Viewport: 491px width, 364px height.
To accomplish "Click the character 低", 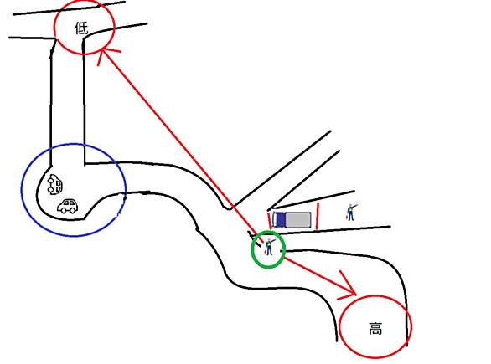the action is [81, 28].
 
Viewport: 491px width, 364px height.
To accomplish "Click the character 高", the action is [375, 329].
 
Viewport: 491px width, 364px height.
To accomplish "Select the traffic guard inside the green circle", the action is [269, 247].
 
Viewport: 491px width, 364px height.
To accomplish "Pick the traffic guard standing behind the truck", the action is [351, 212].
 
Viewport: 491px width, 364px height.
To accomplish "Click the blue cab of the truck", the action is [279, 219].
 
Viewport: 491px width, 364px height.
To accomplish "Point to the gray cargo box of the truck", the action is [298, 219].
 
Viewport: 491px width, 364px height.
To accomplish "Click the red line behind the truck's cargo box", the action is [318, 216].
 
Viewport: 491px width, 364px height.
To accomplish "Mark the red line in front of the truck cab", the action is [269, 221].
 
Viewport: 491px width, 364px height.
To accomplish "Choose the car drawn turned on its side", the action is [54, 184].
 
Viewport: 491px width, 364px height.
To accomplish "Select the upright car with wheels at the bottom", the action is [68, 206].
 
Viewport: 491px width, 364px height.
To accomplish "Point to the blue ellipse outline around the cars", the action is [22, 190].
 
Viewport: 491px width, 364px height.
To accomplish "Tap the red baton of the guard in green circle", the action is [266, 251].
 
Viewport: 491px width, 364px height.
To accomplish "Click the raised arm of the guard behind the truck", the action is [355, 206].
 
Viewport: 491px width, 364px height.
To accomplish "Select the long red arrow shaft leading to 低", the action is [183, 145].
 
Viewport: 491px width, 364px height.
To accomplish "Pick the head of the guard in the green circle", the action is [269, 240].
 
